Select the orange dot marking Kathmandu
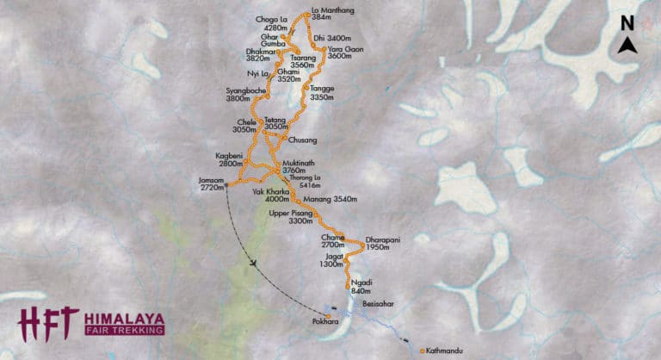pos(421,351)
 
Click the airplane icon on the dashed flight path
pos(256,263)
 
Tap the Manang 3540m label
pos(330,200)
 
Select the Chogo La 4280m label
pos(272,22)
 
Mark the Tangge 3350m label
pos(321,93)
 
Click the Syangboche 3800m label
pos(242,96)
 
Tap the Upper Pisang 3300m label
pos(289,216)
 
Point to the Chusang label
pos(304,140)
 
